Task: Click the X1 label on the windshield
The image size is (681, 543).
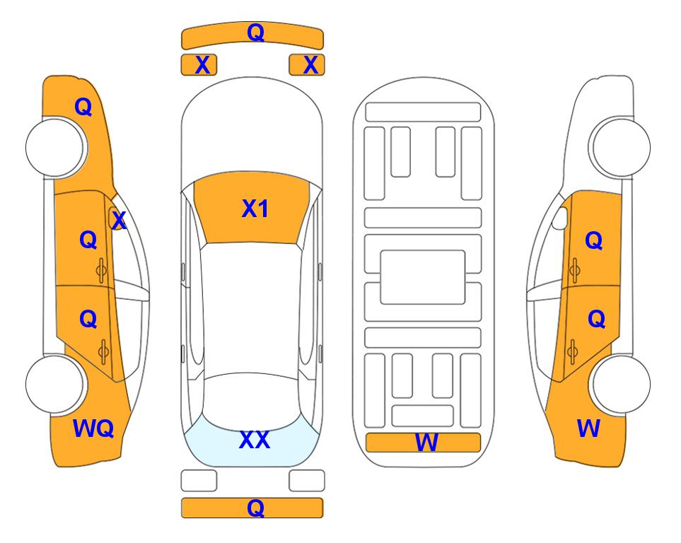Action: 255,209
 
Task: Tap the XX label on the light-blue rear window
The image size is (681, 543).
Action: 255,440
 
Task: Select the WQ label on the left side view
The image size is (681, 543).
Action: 93,428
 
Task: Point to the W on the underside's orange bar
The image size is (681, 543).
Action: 426,443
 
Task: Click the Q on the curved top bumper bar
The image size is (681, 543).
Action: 256,32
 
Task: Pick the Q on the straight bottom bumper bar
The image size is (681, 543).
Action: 256,508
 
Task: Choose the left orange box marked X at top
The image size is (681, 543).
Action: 199,65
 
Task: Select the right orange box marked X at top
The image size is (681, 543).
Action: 307,65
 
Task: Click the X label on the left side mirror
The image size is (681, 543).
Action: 119,221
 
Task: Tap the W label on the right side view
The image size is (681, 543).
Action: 588,428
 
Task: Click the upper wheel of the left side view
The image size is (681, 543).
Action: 55,148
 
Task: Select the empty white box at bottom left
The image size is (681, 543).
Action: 199,481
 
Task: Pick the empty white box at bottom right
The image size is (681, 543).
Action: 307,481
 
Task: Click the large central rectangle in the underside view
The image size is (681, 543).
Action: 423,277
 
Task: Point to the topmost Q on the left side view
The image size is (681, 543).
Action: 83,107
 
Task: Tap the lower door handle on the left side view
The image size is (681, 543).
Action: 103,351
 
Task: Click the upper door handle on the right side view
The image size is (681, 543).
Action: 574,270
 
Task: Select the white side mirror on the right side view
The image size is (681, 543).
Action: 560,218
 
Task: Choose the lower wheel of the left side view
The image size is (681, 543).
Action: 55,384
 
